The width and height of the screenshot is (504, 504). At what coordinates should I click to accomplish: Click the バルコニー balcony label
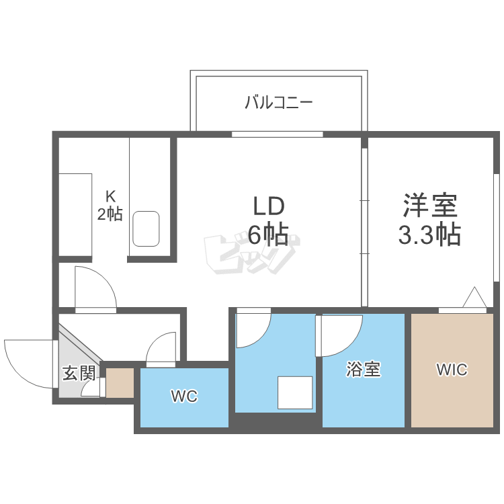click(x=278, y=103)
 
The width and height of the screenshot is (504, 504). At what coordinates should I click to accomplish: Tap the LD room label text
click(x=269, y=205)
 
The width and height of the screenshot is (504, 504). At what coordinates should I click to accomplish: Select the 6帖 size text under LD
click(x=269, y=235)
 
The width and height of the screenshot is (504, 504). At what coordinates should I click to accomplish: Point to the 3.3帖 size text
click(x=429, y=235)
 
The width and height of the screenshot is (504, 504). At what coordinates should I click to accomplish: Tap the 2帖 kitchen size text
click(x=110, y=215)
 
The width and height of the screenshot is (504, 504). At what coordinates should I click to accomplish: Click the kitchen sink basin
click(x=146, y=228)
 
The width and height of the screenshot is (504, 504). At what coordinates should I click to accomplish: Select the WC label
click(x=183, y=396)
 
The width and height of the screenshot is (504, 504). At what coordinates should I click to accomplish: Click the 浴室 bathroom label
click(x=364, y=370)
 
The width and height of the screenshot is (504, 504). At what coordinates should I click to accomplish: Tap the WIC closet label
click(x=451, y=370)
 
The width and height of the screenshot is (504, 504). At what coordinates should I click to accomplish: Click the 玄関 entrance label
click(x=79, y=373)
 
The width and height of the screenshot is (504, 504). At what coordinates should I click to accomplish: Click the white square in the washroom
click(x=296, y=393)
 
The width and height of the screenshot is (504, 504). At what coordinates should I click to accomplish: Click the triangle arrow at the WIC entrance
click(x=474, y=298)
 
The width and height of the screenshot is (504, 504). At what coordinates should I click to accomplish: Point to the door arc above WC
click(x=161, y=349)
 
